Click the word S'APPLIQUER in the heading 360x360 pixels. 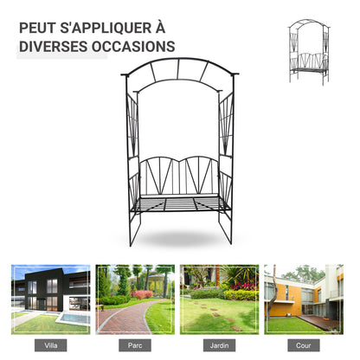[105, 28]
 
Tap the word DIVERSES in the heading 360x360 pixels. [53, 47]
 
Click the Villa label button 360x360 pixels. [51, 345]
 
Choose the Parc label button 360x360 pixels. [135, 345]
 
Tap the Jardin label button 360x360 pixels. [219, 345]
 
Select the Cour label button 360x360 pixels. [304, 345]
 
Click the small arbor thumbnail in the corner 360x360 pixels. [309, 52]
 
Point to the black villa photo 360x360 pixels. [51, 299]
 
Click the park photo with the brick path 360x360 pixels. [135, 299]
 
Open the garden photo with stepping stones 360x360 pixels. [219, 299]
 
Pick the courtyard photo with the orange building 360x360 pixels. [304, 299]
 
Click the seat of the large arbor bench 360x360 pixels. [180, 203]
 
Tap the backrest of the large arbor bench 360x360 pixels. [179, 176]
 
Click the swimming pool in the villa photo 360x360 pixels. [74, 318]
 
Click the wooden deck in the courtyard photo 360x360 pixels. [318, 323]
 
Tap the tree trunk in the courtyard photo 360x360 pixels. [272, 294]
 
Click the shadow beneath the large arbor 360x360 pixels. [180, 238]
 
